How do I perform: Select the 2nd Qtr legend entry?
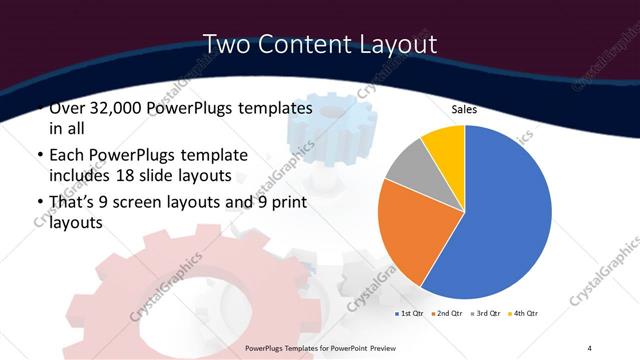(447, 313)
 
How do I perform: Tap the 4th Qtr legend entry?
(524, 313)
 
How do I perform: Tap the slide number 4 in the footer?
(589, 347)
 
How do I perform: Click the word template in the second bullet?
(241, 155)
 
